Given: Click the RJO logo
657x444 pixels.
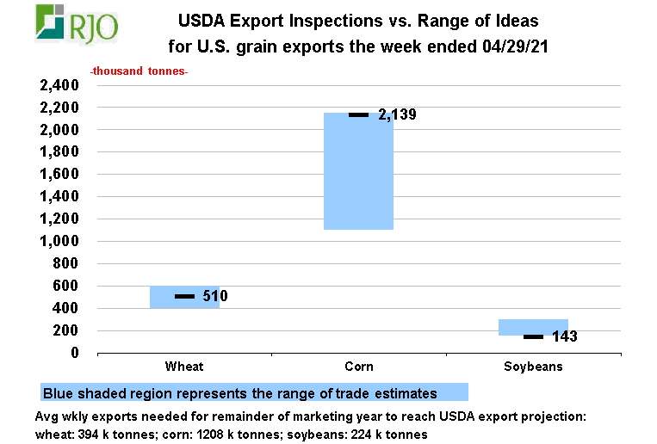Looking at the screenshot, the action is pos(77,24).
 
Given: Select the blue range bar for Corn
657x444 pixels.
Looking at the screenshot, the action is pos(359,171).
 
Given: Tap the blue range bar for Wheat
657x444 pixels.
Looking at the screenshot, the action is pos(184,297).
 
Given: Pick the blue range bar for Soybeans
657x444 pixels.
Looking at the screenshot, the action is pos(533,327).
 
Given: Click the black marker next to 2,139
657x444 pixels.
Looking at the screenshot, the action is pos(359,114).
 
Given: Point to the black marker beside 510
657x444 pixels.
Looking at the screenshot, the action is pos(184,296).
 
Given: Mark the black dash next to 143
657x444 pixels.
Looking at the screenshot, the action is pos(533,336).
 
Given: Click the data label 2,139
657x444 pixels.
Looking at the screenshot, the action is pos(397,114).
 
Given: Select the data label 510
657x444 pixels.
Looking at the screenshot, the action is pos(215,296).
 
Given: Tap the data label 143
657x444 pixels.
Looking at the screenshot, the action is pos(564,336).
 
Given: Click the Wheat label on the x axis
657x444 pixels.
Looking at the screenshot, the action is pos(184,367).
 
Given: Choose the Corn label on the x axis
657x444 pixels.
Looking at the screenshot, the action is pos(359,367).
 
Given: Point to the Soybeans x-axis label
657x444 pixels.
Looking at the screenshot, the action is pos(533,367).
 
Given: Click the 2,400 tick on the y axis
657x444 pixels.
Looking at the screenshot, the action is pos(59,85).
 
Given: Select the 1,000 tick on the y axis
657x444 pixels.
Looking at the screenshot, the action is pos(59,241).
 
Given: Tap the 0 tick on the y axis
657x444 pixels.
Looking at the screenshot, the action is pos(75,353).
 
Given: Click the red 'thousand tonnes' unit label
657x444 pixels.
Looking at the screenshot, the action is pos(139,71).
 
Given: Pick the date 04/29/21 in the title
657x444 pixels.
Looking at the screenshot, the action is pos(515,46).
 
